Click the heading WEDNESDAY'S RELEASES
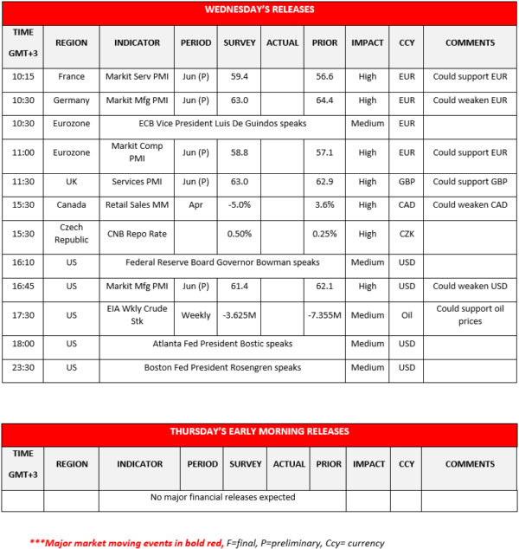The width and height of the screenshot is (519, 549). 259,10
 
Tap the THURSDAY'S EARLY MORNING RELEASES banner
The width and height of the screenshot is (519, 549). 259,431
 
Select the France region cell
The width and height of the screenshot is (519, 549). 71,76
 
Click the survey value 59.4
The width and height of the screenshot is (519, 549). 240,76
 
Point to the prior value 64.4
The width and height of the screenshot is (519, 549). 324,100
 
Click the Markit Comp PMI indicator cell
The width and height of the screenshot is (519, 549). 138,152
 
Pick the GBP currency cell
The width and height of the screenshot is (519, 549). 407,182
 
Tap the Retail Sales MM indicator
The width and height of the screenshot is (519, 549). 138,205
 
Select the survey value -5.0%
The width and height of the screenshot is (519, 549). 240,205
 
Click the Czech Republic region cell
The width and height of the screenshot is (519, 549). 71,234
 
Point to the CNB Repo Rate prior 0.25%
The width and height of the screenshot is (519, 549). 324,234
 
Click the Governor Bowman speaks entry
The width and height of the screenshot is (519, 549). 222,262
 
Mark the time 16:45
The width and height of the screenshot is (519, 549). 24,286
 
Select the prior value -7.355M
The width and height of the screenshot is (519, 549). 324,314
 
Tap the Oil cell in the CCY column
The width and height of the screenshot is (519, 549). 407,314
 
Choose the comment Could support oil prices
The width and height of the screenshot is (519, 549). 471,314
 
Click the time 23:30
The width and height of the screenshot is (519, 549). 24,367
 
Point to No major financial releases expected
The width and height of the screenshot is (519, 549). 222,497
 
